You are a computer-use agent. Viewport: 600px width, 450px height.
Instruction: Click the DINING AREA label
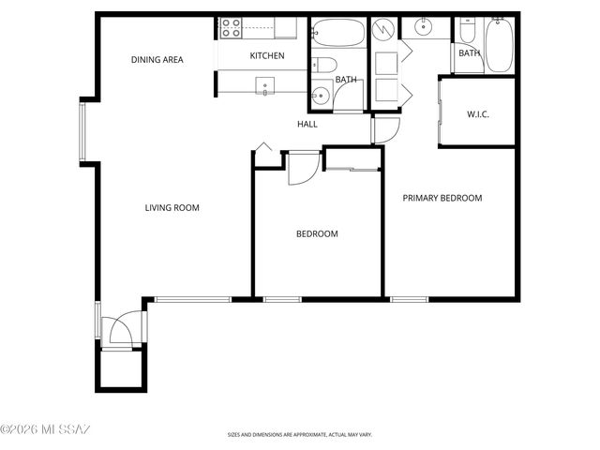tap(157, 60)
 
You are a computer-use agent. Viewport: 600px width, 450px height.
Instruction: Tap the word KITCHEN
tap(267, 56)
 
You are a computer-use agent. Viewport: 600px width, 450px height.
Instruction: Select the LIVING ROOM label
tap(172, 208)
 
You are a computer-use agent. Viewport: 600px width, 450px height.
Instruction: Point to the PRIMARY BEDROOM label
tap(442, 199)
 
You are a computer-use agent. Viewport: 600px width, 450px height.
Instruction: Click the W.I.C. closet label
tap(478, 115)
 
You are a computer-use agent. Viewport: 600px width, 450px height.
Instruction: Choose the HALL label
tap(307, 124)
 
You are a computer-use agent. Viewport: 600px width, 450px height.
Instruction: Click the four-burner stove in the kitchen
tap(231, 28)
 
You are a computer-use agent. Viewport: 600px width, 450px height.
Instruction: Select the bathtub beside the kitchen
tap(338, 34)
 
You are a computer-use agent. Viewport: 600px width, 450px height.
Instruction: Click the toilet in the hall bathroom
tap(323, 65)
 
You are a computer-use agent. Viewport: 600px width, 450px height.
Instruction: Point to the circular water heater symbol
tap(384, 30)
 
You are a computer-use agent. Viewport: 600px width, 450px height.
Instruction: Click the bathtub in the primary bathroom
tap(499, 43)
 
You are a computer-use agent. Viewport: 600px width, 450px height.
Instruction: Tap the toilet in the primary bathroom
tap(467, 34)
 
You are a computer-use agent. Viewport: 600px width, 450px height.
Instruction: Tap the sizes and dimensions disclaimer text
tap(299, 435)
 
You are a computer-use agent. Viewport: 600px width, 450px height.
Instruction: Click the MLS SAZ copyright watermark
tap(45, 430)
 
